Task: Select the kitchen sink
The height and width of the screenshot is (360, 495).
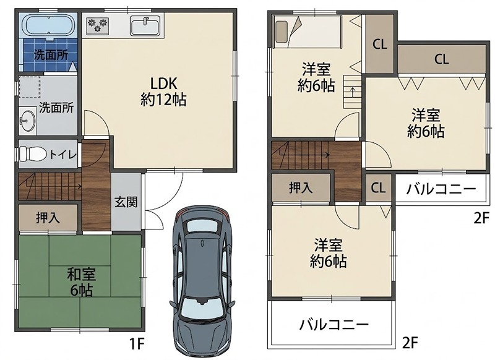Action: (x=145, y=26)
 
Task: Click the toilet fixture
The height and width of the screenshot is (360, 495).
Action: (x=32, y=154)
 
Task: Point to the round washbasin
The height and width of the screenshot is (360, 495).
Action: (x=28, y=120)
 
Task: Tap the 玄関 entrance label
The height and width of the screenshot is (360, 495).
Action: (x=126, y=202)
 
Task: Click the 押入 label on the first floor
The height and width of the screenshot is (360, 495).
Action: (x=48, y=218)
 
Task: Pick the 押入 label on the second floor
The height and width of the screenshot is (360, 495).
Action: (x=301, y=187)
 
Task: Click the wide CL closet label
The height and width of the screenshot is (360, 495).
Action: (x=441, y=59)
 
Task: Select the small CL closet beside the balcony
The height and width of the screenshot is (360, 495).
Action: (x=378, y=188)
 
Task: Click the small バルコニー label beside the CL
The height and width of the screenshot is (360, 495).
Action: (x=441, y=189)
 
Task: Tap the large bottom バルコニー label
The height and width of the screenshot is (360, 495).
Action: (x=334, y=324)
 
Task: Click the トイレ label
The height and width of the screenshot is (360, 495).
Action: (x=62, y=155)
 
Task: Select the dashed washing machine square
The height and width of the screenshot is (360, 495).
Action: (x=29, y=87)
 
